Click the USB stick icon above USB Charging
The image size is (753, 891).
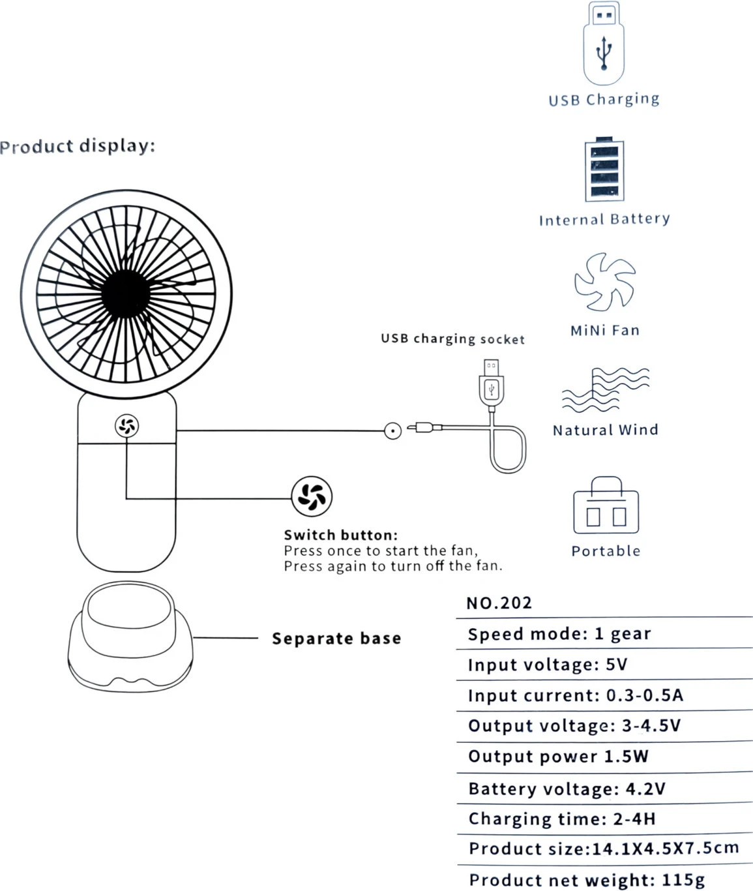[603, 43]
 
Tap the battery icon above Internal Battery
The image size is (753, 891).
[604, 170]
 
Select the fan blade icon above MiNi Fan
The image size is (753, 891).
[604, 282]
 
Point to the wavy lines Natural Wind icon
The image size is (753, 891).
[605, 389]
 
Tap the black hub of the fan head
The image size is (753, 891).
[126, 294]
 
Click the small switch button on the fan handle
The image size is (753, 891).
[126, 427]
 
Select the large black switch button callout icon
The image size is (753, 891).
[312, 496]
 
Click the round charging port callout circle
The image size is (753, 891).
[392, 430]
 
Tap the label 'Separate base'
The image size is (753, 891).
[336, 639]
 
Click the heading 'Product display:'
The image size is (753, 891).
[78, 145]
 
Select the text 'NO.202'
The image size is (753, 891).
[499, 603]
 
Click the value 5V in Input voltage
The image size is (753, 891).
[617, 665]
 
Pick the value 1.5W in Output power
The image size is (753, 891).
[626, 757]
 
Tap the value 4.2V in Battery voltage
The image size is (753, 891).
[645, 789]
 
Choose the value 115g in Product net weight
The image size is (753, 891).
[683, 880]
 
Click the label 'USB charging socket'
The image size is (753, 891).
[452, 339]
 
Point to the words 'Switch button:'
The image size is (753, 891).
[340, 536]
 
